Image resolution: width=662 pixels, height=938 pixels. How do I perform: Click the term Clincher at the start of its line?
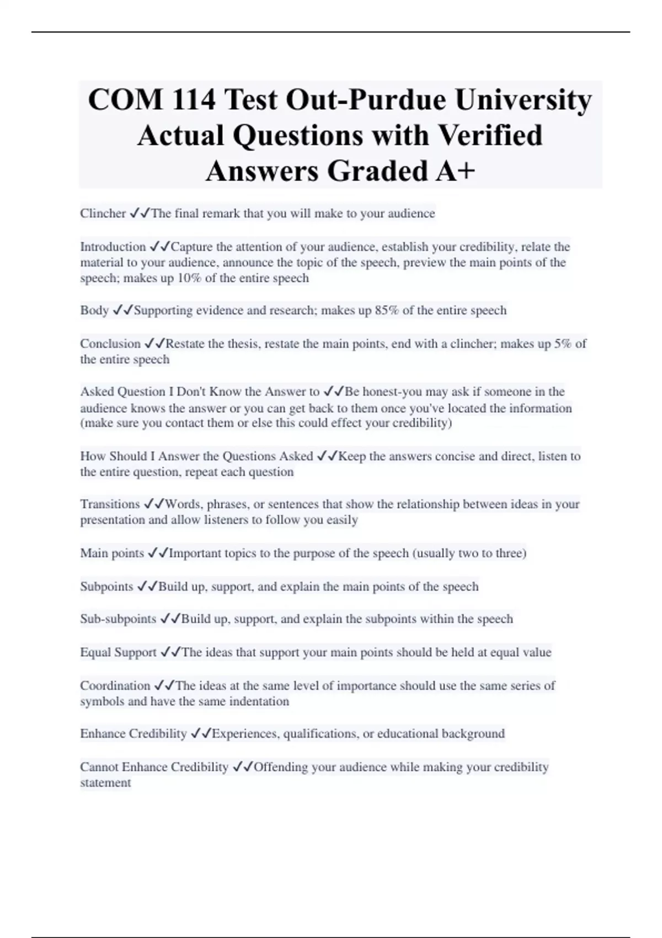tap(103, 214)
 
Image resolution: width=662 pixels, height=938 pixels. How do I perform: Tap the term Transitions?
tap(110, 504)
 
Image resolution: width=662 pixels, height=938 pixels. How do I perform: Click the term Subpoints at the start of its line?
tap(106, 587)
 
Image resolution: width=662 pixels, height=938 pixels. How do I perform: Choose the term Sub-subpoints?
tap(118, 619)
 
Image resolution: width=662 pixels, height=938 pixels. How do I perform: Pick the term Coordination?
tap(115, 686)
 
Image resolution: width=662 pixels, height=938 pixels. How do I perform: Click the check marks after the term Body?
tap(122, 311)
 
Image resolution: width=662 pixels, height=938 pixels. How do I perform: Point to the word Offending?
tap(280, 767)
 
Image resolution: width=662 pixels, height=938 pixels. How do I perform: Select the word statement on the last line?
tap(105, 783)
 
